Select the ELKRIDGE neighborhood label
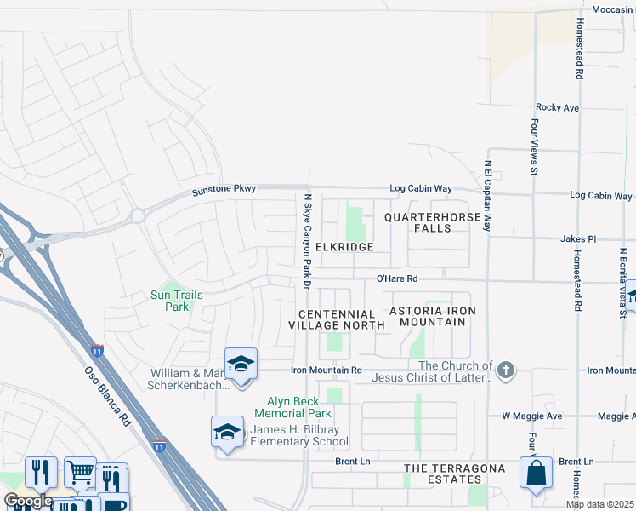(344, 246)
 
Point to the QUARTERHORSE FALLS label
(433, 222)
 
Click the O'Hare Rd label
(398, 278)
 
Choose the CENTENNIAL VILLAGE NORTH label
(331, 319)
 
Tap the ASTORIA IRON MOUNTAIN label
(427, 316)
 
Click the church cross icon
(506, 370)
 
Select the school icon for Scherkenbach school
(241, 365)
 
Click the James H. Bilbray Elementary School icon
(228, 432)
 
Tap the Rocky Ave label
(557, 108)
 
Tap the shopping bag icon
(537, 474)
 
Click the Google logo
(27, 501)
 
